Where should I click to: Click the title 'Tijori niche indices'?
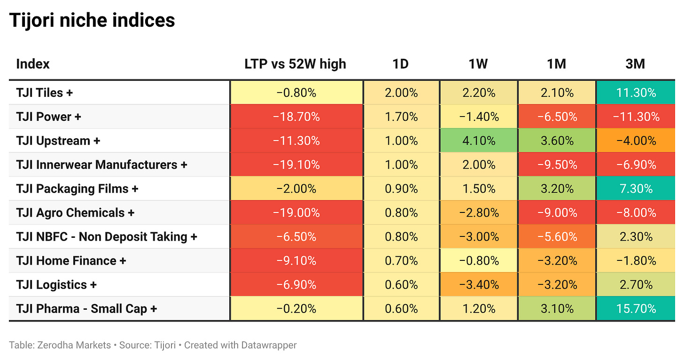[92, 21]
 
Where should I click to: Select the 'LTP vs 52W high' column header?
[295, 64]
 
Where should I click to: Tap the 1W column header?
[478, 64]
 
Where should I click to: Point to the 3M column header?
[635, 64]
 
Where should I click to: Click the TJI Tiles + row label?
[45, 93]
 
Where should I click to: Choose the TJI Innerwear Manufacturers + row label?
[101, 164]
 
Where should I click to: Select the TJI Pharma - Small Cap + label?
[87, 309]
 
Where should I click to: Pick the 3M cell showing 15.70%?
[636, 309]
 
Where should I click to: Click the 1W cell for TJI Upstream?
[479, 141]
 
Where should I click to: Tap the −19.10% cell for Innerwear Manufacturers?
[296, 164]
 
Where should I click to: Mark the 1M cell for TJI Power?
[557, 117]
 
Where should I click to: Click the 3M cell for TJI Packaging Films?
[636, 188]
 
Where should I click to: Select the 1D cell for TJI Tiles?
[401, 93]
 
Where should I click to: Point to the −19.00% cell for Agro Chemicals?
[296, 213]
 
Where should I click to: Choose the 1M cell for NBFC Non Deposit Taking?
[557, 236]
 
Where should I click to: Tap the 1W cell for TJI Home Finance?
[479, 261]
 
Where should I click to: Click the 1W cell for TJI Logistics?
[479, 284]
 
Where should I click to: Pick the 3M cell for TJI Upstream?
[636, 141]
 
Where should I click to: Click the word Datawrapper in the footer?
[269, 345]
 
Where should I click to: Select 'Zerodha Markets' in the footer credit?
[74, 345]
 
